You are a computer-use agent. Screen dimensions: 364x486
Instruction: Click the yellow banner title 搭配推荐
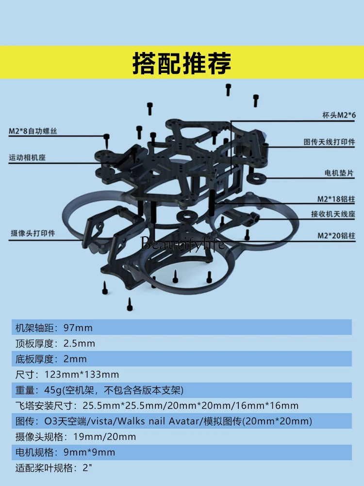point(182,63)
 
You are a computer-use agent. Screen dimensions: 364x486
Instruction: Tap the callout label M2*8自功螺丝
point(36,131)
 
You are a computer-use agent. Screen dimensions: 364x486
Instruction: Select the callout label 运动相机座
point(31,157)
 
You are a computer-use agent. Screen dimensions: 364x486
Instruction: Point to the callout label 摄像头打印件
point(33,233)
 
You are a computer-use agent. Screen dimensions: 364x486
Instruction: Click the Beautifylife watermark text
point(183,243)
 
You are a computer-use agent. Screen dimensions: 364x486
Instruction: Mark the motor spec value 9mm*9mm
point(89,452)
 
